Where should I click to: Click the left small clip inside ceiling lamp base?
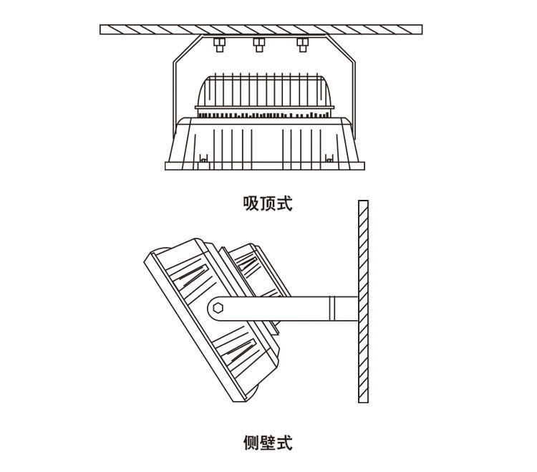pyautogui.click(x=203, y=159)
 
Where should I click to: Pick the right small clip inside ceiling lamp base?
pyautogui.click(x=330, y=159)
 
